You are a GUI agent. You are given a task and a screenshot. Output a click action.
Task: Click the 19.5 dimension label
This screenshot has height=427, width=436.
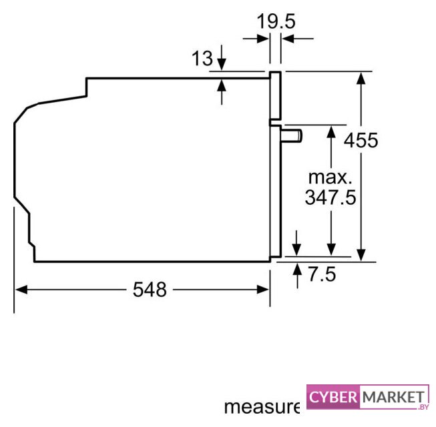[276, 21]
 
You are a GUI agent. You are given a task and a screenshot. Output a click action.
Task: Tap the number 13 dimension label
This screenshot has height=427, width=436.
[202, 58]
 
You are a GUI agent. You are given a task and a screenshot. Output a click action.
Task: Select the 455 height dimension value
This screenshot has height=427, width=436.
[361, 140]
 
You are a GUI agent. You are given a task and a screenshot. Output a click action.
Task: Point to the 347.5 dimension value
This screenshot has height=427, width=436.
[331, 197]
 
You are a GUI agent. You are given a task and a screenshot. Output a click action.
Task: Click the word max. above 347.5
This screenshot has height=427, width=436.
[331, 177]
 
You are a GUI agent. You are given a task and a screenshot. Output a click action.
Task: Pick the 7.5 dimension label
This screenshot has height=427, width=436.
[322, 274]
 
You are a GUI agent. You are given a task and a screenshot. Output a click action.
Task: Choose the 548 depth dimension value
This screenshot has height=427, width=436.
[150, 290]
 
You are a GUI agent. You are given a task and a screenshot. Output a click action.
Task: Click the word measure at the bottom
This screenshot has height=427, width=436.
[262, 407]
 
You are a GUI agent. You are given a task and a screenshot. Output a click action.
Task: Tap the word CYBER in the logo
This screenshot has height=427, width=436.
[333, 397]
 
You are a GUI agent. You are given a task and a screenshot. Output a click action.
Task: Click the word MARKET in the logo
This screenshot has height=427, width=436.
[393, 397]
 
